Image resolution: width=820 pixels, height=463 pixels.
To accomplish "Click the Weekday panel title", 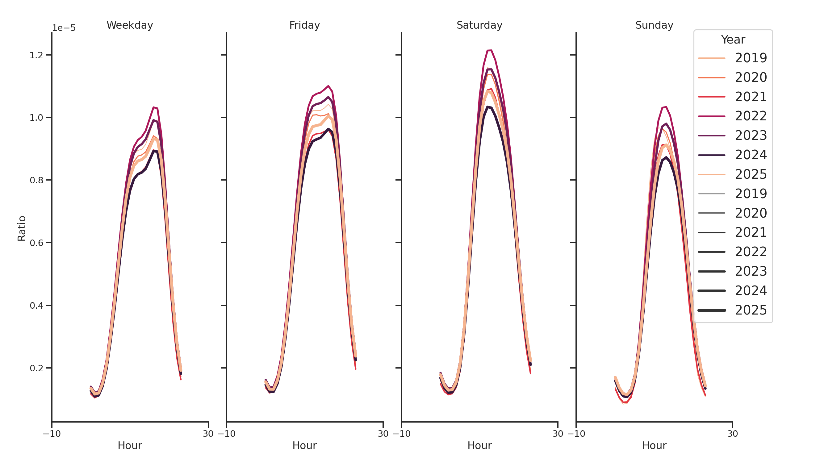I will [x=130, y=25].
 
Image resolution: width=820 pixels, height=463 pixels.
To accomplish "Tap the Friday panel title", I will [x=304, y=25].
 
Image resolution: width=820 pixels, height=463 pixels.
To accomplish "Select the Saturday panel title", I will [x=479, y=25].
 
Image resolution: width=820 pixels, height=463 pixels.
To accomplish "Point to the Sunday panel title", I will [x=654, y=25].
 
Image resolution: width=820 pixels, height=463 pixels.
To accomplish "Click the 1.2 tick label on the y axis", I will [x=36, y=55].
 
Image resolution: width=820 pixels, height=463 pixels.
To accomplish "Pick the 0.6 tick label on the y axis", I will [x=36, y=243].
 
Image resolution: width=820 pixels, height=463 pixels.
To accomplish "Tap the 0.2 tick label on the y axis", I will [x=36, y=369].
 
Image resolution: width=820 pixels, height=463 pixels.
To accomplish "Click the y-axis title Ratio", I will [x=22, y=228].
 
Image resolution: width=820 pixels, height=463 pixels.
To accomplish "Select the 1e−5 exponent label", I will [x=64, y=28].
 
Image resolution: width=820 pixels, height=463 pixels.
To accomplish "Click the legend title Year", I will [x=733, y=40].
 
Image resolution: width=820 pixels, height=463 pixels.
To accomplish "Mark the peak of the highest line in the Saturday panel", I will [x=489, y=51].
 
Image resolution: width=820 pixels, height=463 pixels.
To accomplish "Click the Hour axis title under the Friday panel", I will [x=304, y=445].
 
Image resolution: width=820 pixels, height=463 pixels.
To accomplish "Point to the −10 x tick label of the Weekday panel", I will [x=52, y=434].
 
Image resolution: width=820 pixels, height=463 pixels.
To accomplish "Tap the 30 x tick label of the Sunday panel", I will [x=732, y=434].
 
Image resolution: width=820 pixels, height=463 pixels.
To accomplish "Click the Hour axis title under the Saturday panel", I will [x=479, y=445].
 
